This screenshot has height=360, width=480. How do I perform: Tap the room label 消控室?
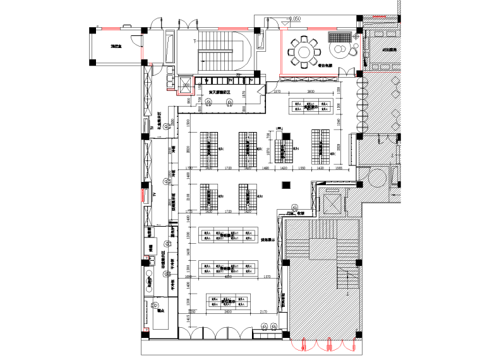pos(117,47)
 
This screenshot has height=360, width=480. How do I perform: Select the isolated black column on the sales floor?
pos(286,184)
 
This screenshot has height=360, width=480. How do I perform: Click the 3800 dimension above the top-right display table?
pos(311,92)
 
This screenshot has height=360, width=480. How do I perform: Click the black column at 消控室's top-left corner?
pos(93,30)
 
